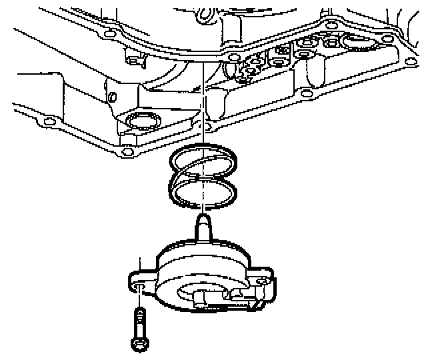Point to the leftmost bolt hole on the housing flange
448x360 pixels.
pos(46,121)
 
